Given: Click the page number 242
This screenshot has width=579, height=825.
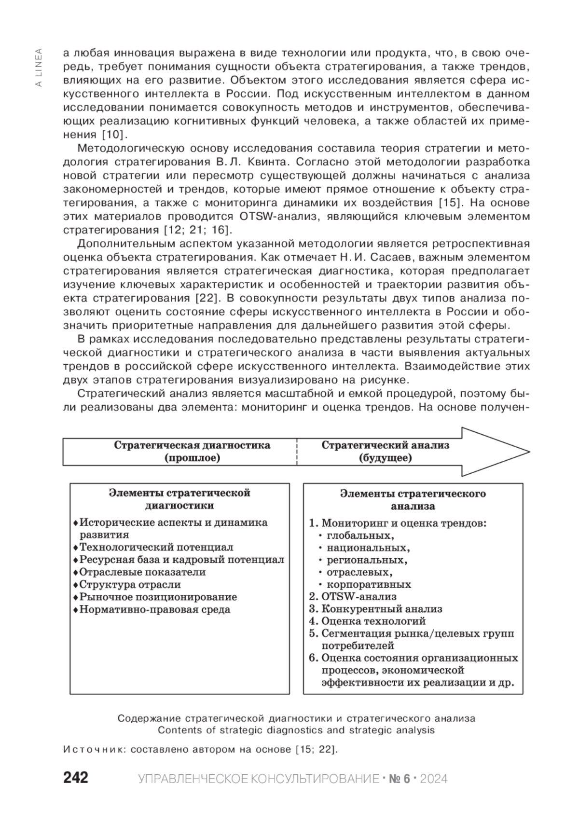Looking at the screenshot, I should (x=76, y=778).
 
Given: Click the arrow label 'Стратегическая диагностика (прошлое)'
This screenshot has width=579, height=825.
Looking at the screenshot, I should (x=192, y=451).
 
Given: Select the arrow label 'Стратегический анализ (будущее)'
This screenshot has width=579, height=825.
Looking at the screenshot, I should (x=385, y=451).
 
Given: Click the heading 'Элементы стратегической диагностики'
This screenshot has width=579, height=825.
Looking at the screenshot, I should (x=179, y=499).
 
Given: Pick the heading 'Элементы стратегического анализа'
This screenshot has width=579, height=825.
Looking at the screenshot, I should (x=413, y=500).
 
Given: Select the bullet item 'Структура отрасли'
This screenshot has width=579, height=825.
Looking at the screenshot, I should (x=130, y=584).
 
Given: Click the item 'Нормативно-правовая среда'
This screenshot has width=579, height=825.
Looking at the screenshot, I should (x=154, y=609).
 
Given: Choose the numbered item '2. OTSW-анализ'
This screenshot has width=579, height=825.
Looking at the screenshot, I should (x=353, y=597).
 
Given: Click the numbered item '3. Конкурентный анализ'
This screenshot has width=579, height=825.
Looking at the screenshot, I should (x=375, y=609).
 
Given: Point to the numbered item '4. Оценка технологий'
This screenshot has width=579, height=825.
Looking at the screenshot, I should (x=367, y=621).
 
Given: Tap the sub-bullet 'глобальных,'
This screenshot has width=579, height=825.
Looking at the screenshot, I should (x=360, y=535).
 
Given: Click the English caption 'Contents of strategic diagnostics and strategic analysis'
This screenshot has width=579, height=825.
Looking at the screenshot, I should (x=296, y=730).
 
